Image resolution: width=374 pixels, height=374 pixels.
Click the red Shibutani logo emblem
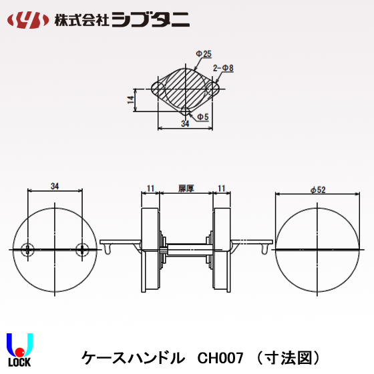coord(27,20)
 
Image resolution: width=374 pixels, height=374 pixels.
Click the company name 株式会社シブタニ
coord(119,20)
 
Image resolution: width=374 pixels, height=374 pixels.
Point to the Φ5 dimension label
coord(202,117)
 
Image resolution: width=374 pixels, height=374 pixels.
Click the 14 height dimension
coord(131,100)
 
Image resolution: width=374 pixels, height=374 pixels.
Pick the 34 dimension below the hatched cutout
coord(184,124)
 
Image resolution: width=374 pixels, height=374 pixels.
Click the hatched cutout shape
coord(184,89)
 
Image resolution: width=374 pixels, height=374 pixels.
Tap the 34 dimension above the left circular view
coord(55,186)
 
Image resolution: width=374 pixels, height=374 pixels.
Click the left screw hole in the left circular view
coord(27,249)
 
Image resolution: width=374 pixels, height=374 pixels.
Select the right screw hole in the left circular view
coord(83,249)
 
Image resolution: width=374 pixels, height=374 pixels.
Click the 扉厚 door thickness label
coord(186,189)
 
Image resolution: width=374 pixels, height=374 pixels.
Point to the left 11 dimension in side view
coord(151,189)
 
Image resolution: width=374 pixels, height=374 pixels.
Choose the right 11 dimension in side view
coord(222,189)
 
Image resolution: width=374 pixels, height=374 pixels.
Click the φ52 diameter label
coord(318,190)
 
